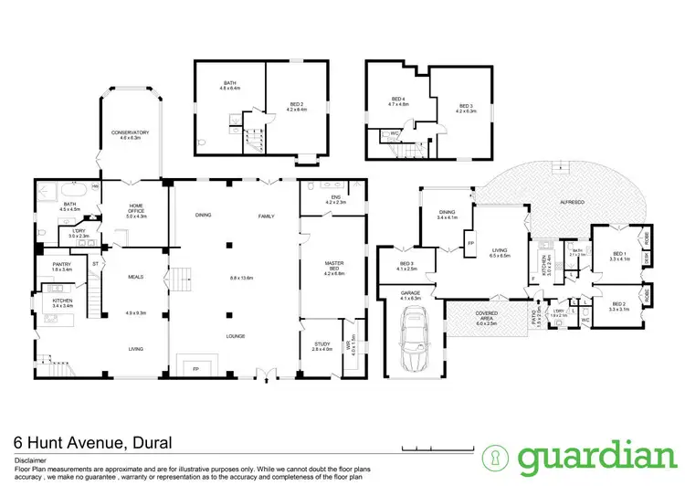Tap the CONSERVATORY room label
tap(130, 132)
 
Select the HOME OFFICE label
tap(135, 212)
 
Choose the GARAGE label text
tap(409, 294)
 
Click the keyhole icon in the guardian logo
tap(496, 457)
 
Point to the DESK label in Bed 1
tap(647, 259)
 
